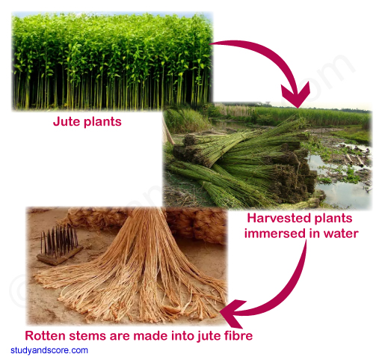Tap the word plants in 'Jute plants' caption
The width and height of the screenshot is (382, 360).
[102, 122]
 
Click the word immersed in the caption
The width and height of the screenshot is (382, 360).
[275, 234]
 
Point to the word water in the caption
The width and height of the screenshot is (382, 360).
[341, 234]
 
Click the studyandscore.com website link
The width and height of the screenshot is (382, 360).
[49, 350]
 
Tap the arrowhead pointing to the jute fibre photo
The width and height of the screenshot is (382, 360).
[232, 313]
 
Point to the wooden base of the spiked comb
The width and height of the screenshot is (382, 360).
[60, 256]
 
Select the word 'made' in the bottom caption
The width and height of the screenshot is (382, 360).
[147, 335]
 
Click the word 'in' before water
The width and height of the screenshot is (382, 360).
[315, 234]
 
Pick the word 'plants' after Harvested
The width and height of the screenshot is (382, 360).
[333, 219]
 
